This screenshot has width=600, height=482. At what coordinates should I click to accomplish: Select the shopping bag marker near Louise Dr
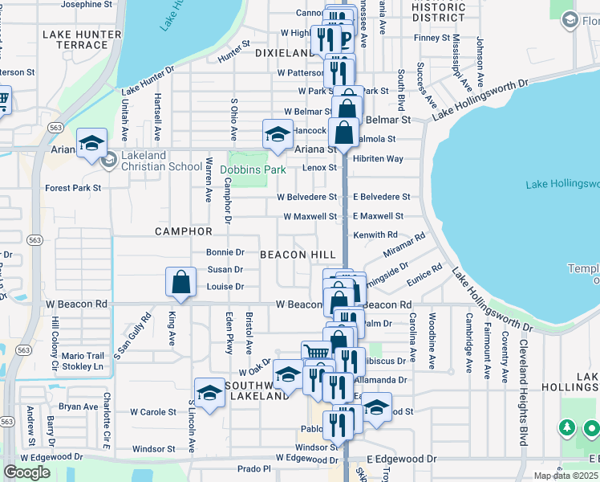coord(181,282)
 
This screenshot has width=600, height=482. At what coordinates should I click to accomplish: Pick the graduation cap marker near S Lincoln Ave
coord(209,393)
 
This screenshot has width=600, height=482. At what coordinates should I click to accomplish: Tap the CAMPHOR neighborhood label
coord(184,231)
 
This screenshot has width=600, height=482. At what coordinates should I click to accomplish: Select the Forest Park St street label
coord(73,188)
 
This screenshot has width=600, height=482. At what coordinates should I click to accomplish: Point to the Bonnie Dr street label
coord(225,252)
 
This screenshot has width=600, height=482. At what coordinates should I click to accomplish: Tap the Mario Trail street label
coord(83,356)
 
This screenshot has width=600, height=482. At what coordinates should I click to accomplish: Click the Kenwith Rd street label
coord(375,235)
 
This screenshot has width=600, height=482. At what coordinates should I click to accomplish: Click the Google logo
coord(27,472)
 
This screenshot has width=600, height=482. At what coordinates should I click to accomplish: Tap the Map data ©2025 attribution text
coord(564,476)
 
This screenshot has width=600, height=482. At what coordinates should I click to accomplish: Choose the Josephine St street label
coord(91,4)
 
